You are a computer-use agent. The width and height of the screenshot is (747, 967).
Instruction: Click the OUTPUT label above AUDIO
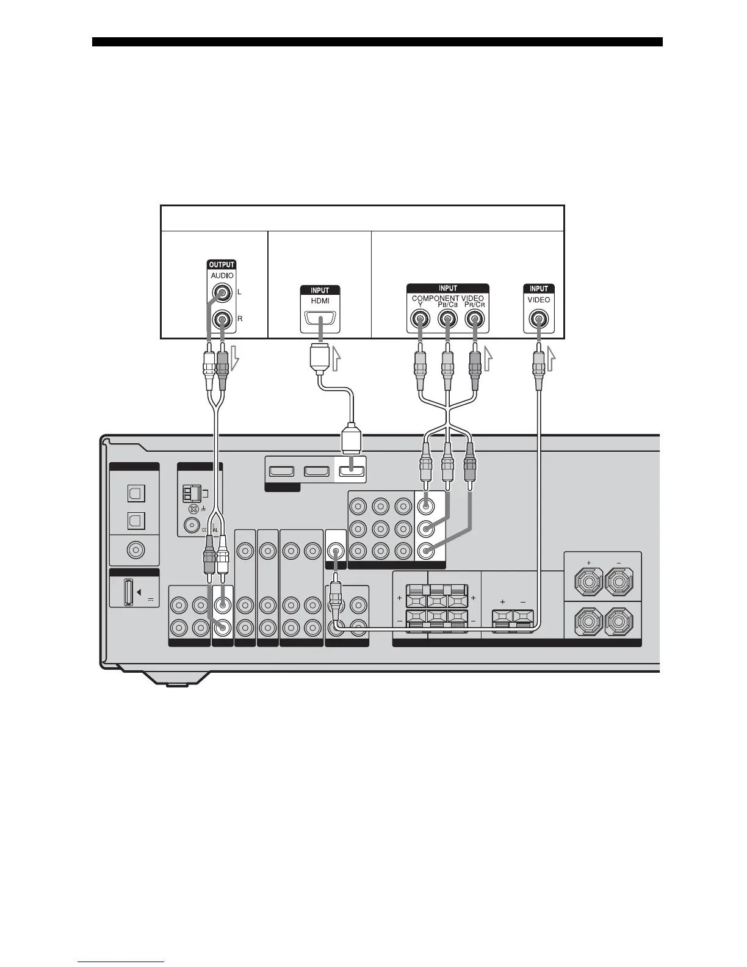tap(221, 265)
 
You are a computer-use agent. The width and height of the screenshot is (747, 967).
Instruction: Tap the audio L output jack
tap(221, 293)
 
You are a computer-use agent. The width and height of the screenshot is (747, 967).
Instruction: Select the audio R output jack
tap(221, 319)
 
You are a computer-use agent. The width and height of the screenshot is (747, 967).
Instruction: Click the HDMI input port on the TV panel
tap(320, 319)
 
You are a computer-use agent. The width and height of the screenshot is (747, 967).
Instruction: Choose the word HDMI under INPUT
tap(320, 302)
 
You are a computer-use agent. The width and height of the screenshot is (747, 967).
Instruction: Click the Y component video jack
tap(420, 319)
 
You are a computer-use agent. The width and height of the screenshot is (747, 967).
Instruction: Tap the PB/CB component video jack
tap(447, 319)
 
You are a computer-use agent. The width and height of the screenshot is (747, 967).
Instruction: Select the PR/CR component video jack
tap(475, 319)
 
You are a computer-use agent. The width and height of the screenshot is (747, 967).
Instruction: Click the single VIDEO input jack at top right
tap(539, 319)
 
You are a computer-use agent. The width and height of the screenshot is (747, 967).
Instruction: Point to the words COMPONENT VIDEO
tap(447, 299)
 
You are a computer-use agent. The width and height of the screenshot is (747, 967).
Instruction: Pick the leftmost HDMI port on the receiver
tap(282, 471)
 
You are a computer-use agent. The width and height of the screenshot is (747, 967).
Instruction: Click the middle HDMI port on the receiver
tap(316, 471)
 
